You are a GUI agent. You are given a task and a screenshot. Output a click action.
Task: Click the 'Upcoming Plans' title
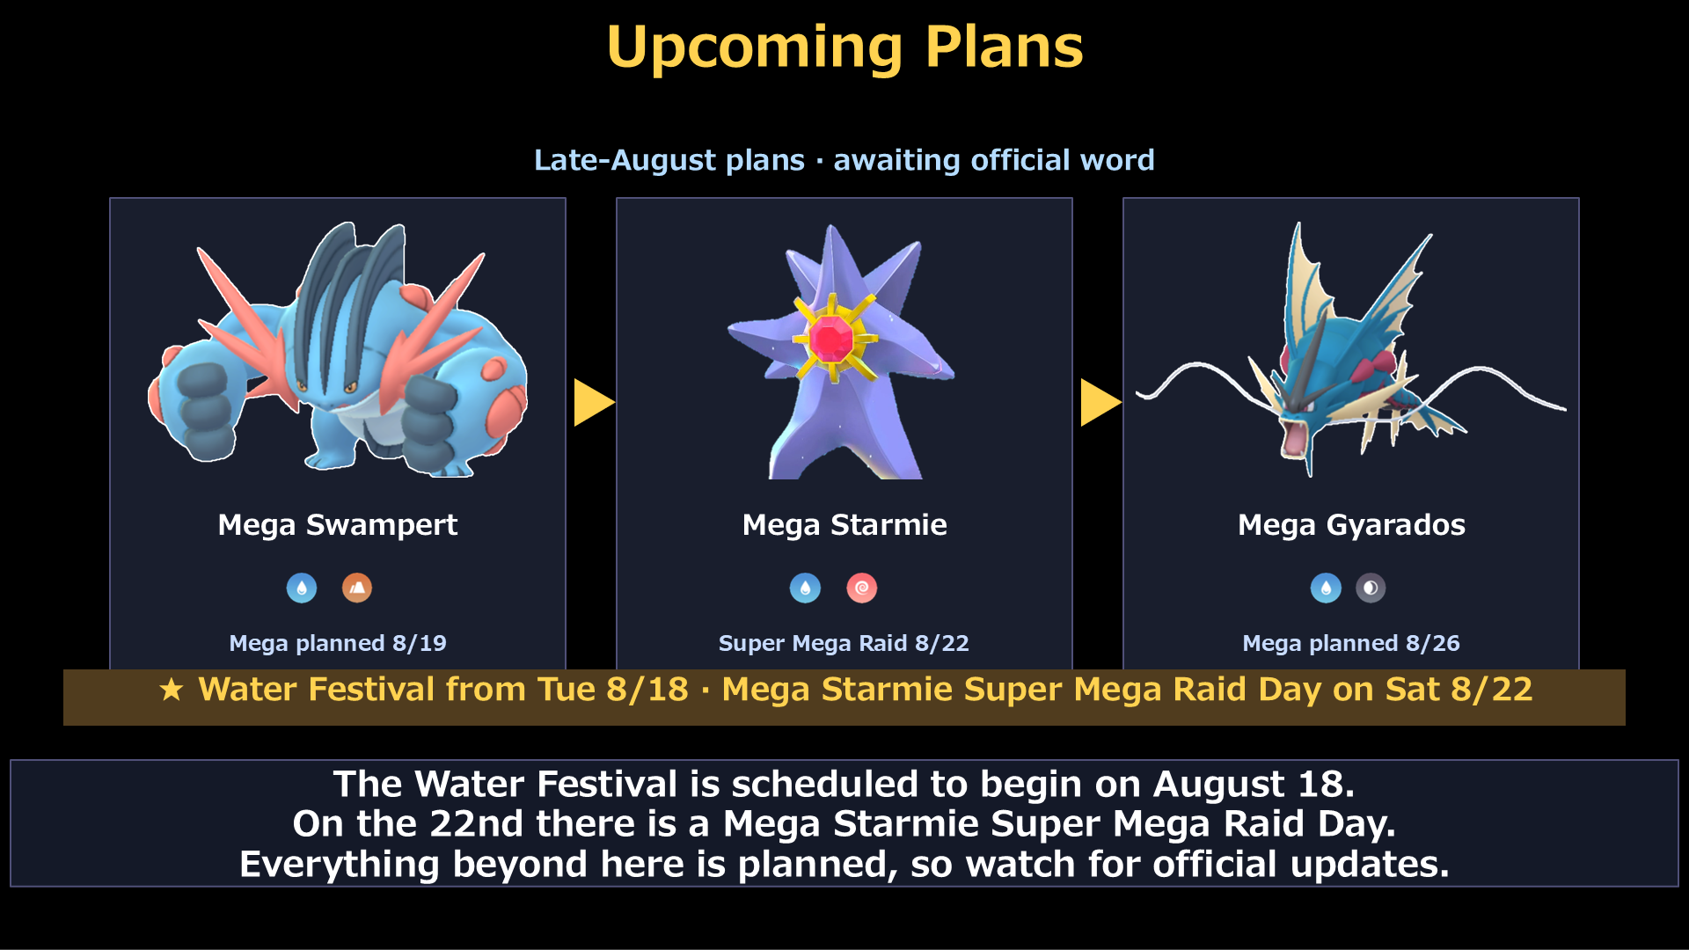pos(844,47)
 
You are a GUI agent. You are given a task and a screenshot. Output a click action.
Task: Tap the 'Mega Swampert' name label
pos(338,525)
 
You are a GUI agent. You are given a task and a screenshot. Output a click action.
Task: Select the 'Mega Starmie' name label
pos(844,525)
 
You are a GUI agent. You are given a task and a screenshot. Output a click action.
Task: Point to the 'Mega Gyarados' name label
pos(1351,525)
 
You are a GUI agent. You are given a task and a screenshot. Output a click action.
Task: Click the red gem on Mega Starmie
pos(831,339)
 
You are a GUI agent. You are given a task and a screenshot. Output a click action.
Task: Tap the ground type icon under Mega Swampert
pos(357,588)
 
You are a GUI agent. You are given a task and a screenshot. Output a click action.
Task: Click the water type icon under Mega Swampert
pos(302,588)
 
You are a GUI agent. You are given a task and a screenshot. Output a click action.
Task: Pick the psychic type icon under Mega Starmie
pos(862,588)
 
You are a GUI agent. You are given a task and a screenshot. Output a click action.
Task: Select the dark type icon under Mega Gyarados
pos(1371,588)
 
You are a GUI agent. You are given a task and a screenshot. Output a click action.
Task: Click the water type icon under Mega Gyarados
pos(1326,588)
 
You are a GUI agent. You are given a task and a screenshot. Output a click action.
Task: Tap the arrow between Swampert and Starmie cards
pos(593,403)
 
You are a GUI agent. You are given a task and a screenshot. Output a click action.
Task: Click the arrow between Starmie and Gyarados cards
pos(1100,403)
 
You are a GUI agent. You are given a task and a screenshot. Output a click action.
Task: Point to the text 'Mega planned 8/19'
pos(338,643)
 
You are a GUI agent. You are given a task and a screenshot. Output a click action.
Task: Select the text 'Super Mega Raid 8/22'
pos(844,643)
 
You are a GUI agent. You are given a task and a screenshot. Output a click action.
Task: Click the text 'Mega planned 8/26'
pos(1351,643)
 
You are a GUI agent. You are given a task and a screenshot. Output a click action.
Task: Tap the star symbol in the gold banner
pos(172,691)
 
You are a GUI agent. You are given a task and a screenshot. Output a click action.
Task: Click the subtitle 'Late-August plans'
pos(669,160)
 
